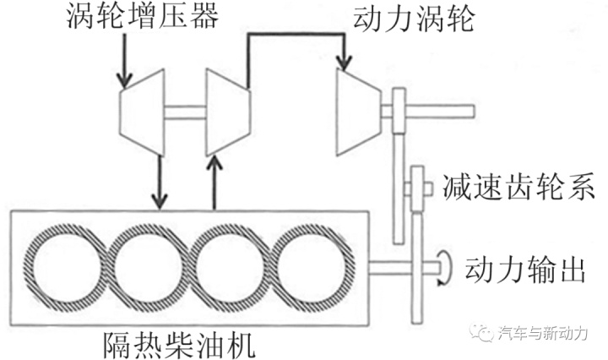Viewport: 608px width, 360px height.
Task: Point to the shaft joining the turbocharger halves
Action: point(184,112)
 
